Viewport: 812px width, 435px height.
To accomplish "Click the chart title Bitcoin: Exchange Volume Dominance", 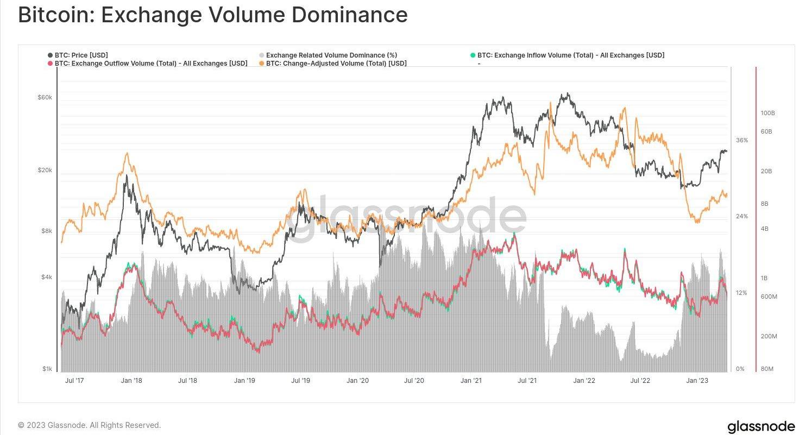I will (212, 15).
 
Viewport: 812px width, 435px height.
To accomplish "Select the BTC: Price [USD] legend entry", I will (81, 55).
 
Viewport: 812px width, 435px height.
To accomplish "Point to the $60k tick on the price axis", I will (45, 98).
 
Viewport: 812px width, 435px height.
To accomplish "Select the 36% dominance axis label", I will (742, 140).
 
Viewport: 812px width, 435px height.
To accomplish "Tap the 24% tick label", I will (742, 216).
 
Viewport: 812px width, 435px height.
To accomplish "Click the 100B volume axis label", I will (767, 113).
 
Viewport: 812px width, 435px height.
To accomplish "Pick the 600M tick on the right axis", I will (769, 297).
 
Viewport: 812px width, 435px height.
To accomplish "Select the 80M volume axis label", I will (767, 369).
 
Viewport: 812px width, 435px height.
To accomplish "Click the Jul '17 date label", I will (74, 381).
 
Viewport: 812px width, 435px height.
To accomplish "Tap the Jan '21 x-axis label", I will (472, 381).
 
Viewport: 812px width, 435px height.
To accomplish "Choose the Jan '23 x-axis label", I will (697, 381).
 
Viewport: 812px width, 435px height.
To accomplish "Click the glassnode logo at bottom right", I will (761, 426).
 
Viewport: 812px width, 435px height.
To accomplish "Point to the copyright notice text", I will (90, 425).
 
